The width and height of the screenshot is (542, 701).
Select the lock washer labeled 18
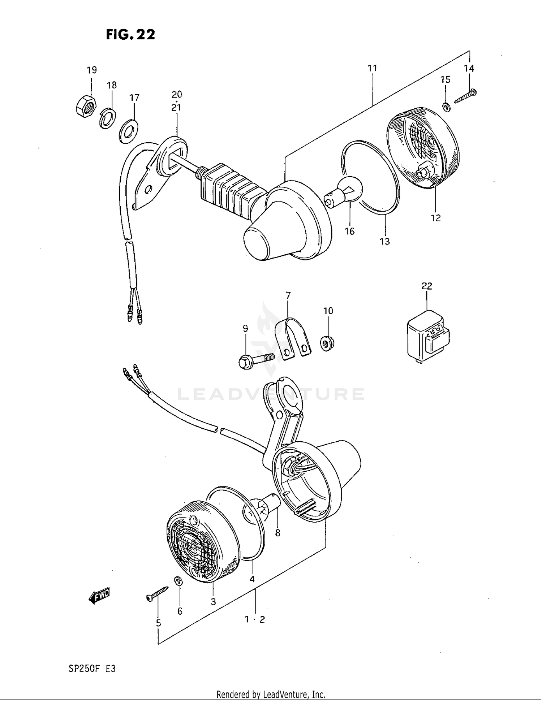(x=107, y=118)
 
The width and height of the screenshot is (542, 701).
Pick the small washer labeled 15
(x=446, y=107)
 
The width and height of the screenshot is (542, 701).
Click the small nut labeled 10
(x=327, y=343)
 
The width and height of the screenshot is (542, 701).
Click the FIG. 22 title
(x=130, y=34)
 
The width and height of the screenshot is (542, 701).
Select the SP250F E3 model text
(x=92, y=669)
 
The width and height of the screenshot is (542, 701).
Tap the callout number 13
(x=384, y=241)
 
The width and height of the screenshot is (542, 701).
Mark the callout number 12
(x=435, y=218)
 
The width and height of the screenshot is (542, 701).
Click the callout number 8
(x=278, y=533)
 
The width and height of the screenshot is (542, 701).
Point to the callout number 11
(x=372, y=68)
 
